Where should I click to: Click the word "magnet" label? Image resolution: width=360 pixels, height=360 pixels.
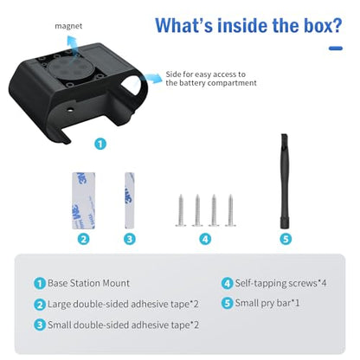click(x=68, y=26)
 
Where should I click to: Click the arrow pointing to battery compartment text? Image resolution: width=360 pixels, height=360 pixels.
click(x=152, y=78)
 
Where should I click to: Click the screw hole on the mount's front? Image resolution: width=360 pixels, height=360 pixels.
click(x=70, y=110)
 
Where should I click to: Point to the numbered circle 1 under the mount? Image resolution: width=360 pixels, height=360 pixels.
click(x=100, y=144)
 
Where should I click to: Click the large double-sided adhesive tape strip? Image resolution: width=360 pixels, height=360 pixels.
click(x=84, y=201)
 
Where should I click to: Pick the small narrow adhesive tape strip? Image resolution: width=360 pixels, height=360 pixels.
click(x=129, y=201)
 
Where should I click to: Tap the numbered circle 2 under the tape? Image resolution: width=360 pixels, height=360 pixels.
click(x=83, y=239)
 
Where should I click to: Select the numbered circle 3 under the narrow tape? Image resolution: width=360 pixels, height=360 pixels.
click(x=130, y=239)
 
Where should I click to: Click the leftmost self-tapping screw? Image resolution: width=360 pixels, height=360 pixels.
click(x=181, y=210)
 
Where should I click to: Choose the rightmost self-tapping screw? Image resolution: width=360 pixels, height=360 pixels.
click(x=230, y=210)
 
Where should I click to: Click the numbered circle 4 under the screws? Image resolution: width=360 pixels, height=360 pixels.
click(x=205, y=239)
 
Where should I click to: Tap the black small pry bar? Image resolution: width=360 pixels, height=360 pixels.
click(x=285, y=182)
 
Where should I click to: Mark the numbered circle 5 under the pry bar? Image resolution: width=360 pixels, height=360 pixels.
click(x=286, y=239)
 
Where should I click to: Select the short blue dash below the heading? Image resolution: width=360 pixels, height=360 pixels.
click(x=336, y=48)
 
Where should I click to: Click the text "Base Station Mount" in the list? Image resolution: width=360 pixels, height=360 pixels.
click(x=88, y=283)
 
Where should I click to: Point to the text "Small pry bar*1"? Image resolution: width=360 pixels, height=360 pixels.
click(x=267, y=303)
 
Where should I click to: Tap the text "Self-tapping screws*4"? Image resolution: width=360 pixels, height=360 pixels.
click(x=280, y=283)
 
